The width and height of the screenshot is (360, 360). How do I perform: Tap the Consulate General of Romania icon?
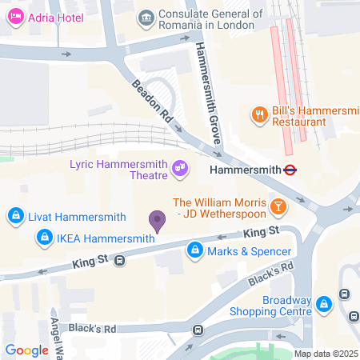point(146,17)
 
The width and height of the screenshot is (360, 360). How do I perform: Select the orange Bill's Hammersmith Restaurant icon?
point(259,114)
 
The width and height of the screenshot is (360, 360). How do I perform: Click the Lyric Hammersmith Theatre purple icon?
point(180,168)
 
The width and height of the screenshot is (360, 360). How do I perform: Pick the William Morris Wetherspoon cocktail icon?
point(278,207)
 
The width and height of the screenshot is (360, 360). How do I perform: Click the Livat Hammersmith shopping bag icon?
point(15,216)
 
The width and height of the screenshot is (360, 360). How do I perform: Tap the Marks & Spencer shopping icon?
point(194,252)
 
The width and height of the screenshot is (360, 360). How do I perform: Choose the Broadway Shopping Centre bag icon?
point(324,304)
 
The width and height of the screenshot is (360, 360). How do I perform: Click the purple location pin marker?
point(158,220)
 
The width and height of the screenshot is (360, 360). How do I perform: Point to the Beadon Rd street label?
point(153,103)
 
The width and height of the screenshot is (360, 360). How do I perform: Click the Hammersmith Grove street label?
point(208,92)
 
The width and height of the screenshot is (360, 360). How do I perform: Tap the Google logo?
point(26,350)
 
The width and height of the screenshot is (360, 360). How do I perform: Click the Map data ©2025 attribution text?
point(324,354)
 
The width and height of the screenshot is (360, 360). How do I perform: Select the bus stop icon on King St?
point(119,260)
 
